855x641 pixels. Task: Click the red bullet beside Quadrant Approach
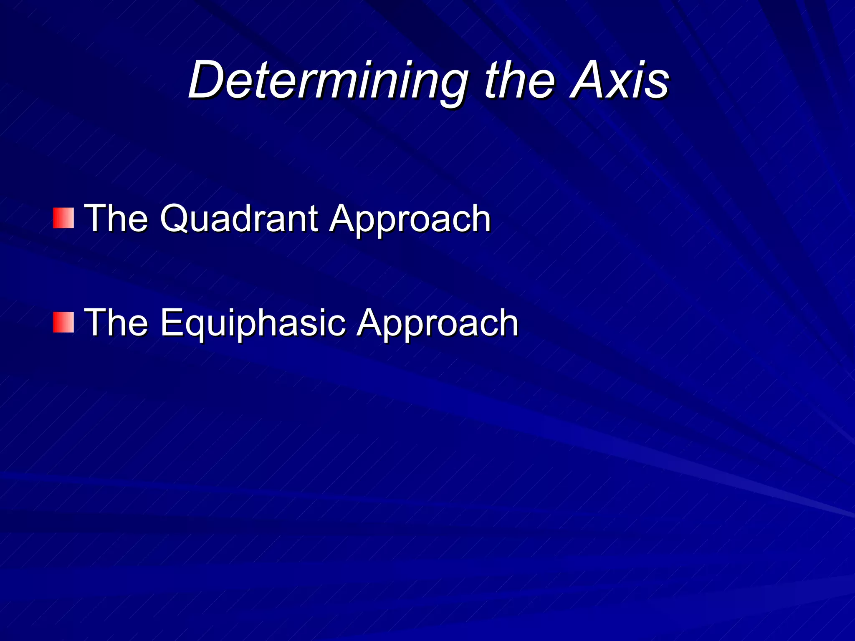coord(63,218)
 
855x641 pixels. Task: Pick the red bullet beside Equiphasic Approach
coord(63,322)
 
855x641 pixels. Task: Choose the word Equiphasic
coord(253,323)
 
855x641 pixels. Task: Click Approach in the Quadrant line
coord(410,220)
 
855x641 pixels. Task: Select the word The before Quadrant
coord(116,218)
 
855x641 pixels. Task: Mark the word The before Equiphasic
coord(116,322)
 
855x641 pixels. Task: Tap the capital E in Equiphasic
coord(172,322)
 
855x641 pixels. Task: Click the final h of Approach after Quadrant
coord(479,219)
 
